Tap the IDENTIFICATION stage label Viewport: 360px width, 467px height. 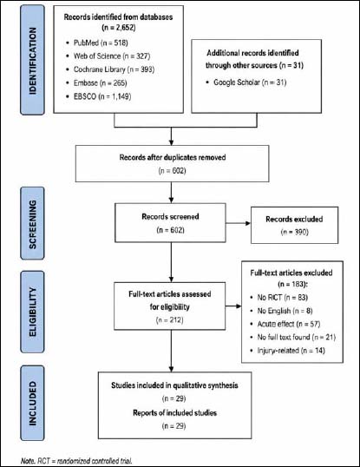coord(32,61)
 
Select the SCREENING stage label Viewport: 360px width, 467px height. coord(32,224)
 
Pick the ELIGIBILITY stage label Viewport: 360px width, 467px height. coord(32,312)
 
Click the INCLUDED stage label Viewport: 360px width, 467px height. coord(32,404)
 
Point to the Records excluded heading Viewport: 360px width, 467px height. coord(294,220)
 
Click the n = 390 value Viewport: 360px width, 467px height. coord(294,232)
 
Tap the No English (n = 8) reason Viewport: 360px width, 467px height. coord(285,311)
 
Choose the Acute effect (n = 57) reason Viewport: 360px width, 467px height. coord(289,324)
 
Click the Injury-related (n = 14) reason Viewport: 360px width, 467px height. coord(291,351)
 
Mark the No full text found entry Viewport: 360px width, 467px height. coord(297,337)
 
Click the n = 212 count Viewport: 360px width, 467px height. coord(169,320)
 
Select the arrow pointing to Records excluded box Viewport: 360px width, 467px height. coord(238,223)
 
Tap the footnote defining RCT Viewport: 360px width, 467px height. coord(76,461)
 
